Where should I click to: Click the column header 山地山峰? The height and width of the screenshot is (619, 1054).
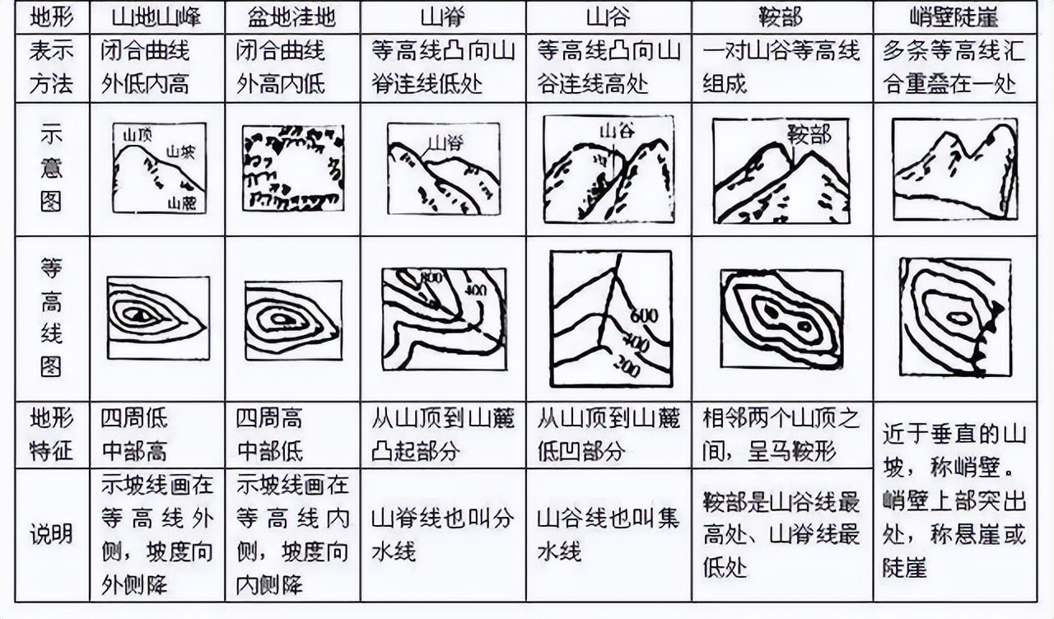[157, 16]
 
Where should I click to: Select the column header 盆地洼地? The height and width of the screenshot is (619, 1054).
[292, 16]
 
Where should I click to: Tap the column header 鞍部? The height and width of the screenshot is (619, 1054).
[781, 16]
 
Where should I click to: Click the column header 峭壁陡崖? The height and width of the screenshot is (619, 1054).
[954, 16]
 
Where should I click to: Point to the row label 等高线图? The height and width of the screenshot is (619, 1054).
[51, 317]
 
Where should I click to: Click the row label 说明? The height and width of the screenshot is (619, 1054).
[51, 534]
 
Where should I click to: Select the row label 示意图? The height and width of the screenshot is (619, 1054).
[51, 169]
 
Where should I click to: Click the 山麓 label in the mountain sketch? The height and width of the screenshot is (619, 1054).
[183, 202]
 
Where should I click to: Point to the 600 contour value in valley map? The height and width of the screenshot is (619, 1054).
[644, 315]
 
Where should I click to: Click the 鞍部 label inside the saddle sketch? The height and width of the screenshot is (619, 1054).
[809, 133]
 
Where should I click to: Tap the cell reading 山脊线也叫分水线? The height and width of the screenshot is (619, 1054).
[442, 533]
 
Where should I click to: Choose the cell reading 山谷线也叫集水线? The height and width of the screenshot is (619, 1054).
[608, 533]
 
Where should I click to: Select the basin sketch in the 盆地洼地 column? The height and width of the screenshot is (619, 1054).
[293, 168]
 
